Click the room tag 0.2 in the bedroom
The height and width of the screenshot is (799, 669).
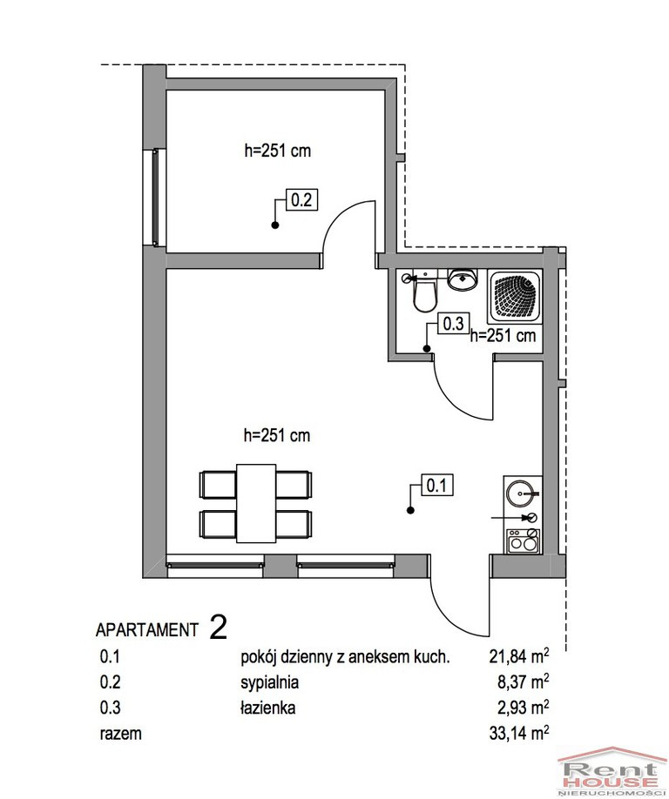pos(301,199)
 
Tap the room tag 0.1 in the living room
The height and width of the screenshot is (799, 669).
pos(436,485)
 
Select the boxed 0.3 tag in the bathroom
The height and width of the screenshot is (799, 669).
pos(453,324)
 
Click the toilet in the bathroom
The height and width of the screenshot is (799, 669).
pos(423,293)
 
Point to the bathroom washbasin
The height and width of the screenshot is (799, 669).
pos(463,279)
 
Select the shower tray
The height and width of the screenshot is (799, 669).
pos(514,297)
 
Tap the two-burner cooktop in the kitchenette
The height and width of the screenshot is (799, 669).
pos(523,541)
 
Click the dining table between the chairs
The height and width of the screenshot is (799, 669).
pos(256,503)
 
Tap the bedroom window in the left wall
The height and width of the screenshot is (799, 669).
pos(156,198)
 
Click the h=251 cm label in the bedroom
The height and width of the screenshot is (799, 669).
pos(278,151)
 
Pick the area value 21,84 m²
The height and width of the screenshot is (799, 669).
pos(519,656)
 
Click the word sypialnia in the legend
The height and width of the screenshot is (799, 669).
pos(270,683)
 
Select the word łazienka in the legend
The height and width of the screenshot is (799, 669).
pos(267,708)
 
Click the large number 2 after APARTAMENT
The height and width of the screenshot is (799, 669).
pos(219,627)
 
